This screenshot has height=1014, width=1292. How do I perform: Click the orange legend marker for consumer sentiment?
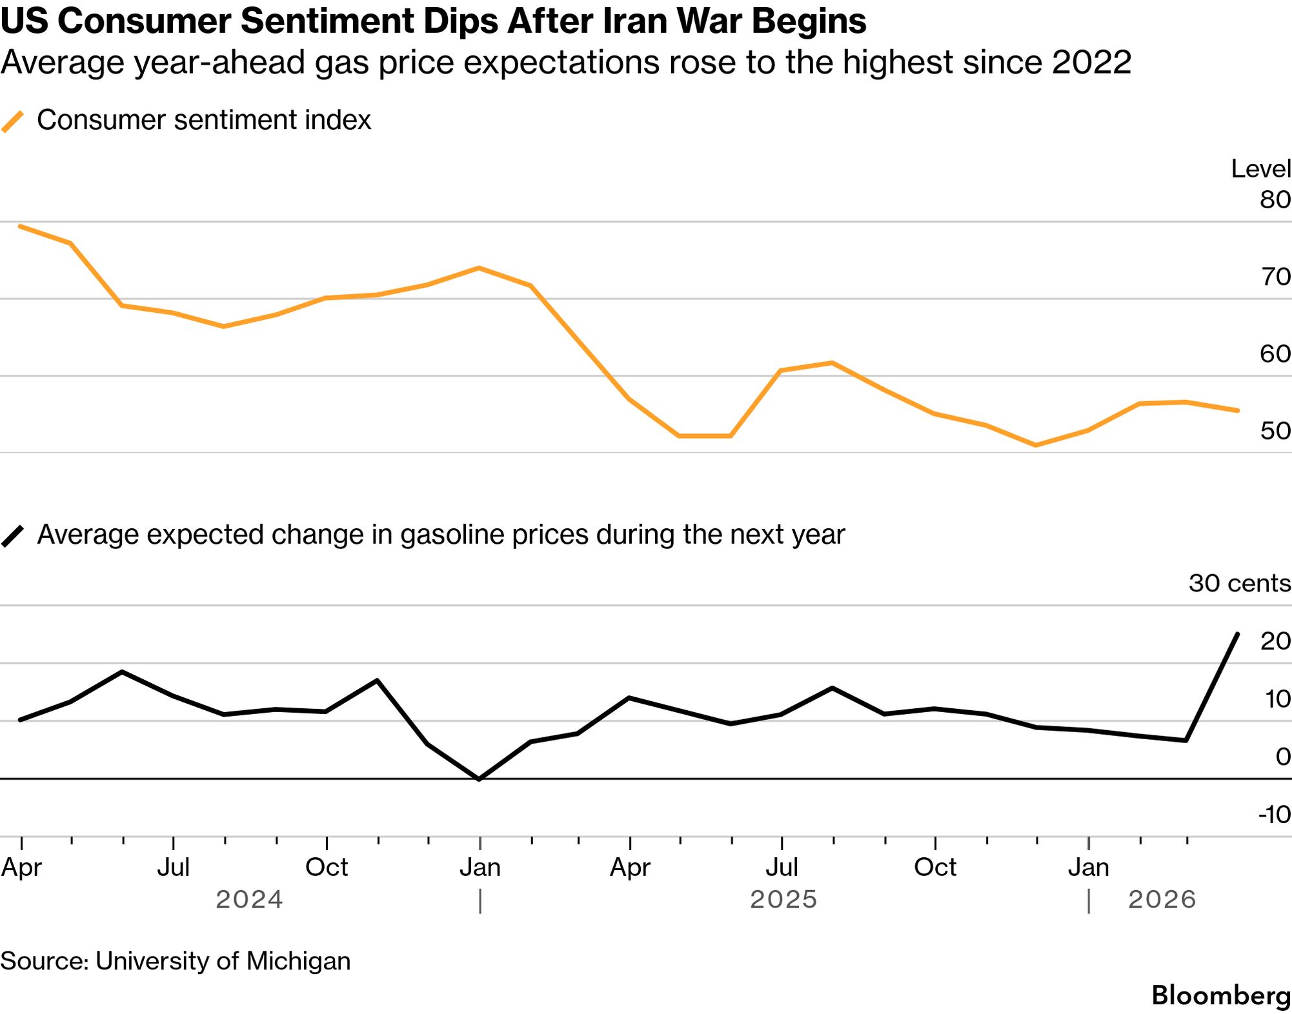13,121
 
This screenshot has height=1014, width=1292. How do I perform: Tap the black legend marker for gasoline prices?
13,536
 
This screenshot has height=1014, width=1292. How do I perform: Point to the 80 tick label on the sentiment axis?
1275,199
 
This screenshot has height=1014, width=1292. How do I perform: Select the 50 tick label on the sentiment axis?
1275,430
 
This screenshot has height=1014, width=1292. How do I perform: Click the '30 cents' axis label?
1239,583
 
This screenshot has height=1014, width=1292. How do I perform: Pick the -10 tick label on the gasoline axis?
1274,815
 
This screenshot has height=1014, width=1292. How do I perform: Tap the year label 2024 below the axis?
249,899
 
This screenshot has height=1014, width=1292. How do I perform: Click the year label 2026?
1162,899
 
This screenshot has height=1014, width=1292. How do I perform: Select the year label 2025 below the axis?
783,899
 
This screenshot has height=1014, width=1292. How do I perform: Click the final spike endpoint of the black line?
1237,634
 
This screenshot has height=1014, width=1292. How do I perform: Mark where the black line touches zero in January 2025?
479,779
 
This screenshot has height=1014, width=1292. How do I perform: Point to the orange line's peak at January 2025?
478,268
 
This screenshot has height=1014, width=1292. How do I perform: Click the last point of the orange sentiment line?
1238,410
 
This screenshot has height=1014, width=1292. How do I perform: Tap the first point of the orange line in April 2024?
21,226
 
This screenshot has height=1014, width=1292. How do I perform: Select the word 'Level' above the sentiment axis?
1260,169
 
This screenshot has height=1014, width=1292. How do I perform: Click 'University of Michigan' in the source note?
223,961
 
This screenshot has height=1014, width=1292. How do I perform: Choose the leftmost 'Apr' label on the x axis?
21,868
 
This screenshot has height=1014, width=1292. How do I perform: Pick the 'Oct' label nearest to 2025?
934,868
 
